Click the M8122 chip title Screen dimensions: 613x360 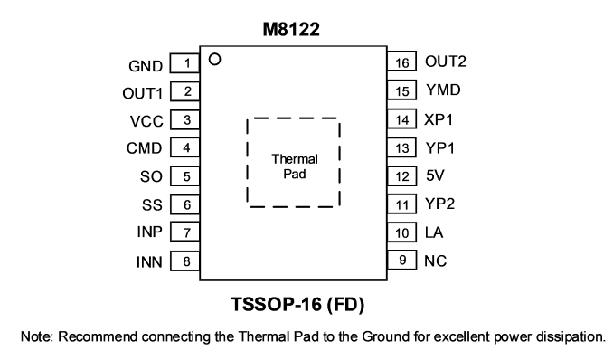coord(291,29)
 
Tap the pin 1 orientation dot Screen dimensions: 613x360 coord(215,60)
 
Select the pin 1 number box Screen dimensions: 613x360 coord(185,63)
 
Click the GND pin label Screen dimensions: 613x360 coord(146,66)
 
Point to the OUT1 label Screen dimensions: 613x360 coord(142,93)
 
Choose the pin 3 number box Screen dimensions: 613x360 coord(185,119)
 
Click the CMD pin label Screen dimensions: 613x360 coord(144,148)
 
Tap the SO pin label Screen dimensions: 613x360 coord(151,176)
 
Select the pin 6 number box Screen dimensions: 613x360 coord(185,204)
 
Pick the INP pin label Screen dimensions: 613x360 coord(149,232)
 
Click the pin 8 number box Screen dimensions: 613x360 coord(185,261)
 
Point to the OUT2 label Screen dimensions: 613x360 coord(446,62)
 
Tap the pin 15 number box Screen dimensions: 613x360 coord(402,90)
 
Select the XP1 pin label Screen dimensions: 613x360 coord(439,119)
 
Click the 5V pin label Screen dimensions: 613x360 coord(435,175)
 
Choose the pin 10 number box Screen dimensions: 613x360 coord(402,232)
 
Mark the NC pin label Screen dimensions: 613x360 coord(435,261)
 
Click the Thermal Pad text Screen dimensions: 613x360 coord(295,166)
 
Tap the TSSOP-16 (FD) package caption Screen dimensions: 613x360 coord(297,305)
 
